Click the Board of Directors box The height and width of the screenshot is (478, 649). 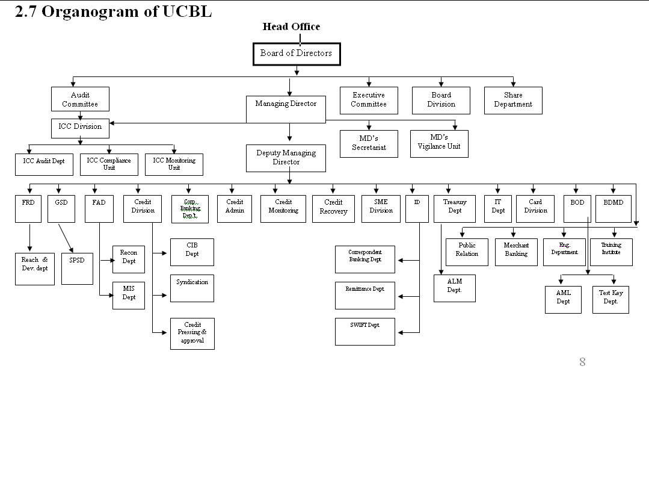click(296, 54)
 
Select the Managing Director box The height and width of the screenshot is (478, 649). click(286, 109)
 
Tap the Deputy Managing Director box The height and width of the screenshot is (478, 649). click(286, 158)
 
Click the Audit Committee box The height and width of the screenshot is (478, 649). click(80, 99)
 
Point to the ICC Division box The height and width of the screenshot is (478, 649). click(80, 128)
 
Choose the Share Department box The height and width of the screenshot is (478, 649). click(513, 100)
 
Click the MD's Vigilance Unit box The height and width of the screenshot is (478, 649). click(439, 144)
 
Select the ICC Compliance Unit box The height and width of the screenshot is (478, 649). click(109, 164)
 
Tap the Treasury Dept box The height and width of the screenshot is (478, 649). click(455, 208)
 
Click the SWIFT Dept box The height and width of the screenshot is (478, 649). click(364, 331)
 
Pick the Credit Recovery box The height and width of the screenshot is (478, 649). click(333, 208)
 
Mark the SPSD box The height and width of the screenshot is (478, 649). click(77, 268)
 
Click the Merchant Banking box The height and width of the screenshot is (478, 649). click(516, 251)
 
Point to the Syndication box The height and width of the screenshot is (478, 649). click(192, 288)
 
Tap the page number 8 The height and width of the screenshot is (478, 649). click(582, 362)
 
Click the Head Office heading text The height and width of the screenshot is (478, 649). click(291, 26)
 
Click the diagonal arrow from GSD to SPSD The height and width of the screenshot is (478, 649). click(66, 238)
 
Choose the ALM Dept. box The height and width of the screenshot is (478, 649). click(454, 288)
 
